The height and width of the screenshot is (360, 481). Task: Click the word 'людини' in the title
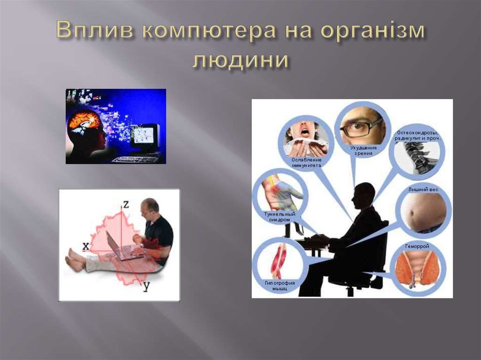[240, 60]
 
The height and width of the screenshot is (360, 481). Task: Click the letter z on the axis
[125, 204]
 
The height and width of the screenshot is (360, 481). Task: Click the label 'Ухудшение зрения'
[363, 150]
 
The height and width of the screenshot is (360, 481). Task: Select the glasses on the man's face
[362, 127]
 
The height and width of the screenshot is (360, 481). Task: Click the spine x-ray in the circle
[416, 157]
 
